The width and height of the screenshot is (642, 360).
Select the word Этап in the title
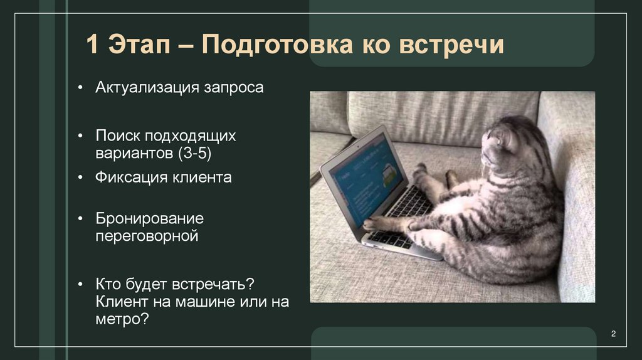click(x=141, y=46)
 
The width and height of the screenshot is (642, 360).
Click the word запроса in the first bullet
click(x=233, y=87)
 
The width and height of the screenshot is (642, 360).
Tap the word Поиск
click(x=118, y=135)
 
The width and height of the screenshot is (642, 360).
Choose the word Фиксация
click(x=130, y=177)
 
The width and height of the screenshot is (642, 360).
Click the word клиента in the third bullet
click(x=200, y=177)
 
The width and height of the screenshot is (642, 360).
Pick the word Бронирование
click(x=149, y=220)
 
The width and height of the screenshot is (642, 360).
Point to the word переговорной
click(x=147, y=236)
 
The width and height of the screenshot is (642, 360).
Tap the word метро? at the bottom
click(x=122, y=319)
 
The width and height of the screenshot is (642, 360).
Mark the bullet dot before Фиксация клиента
click(x=82, y=178)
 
